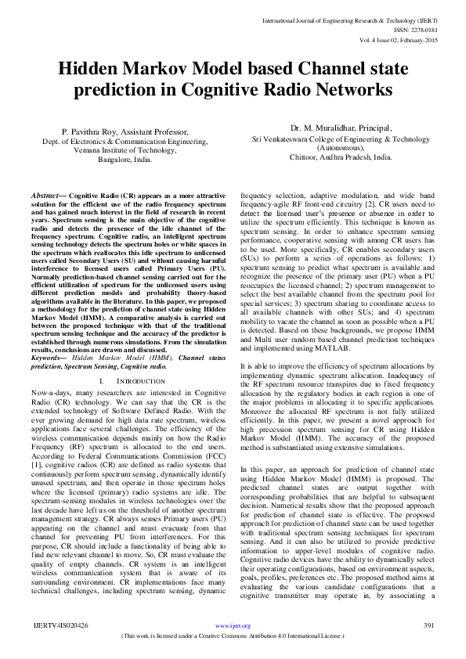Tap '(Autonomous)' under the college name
(341, 147)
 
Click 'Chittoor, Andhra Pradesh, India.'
(341, 156)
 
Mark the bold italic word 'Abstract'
(46, 193)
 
